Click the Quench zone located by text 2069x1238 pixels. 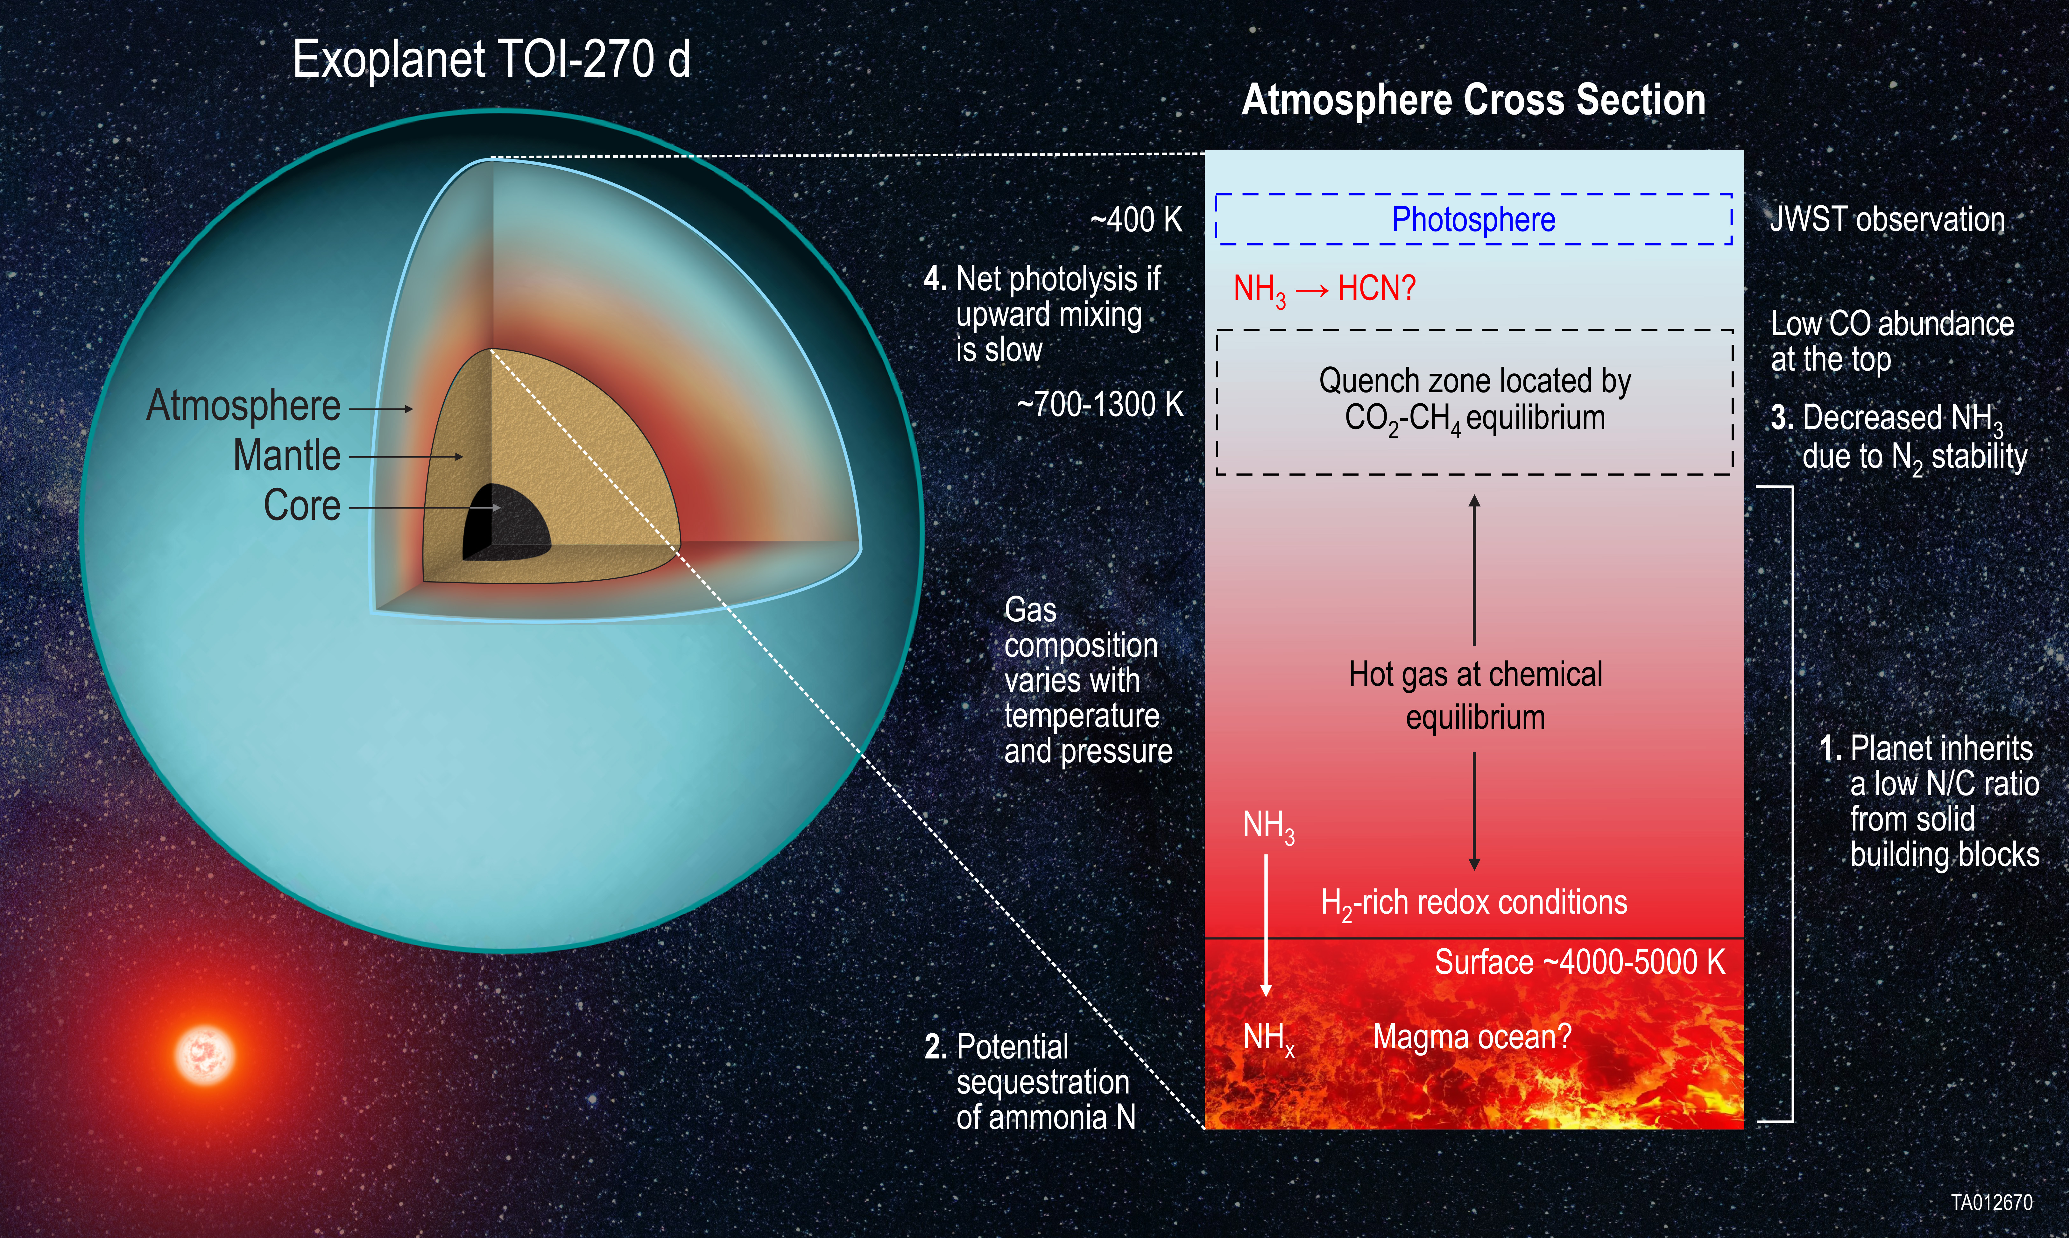pos(1474,381)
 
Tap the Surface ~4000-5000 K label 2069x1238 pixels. pos(1578,962)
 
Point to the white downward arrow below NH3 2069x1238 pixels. pos(1266,926)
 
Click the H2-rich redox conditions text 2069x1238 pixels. pos(1473,903)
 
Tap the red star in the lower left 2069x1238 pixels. pos(204,1054)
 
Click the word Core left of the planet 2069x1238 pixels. pos(302,506)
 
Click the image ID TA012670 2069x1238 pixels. pos(1991,1202)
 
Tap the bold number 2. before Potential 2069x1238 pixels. pos(935,1047)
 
